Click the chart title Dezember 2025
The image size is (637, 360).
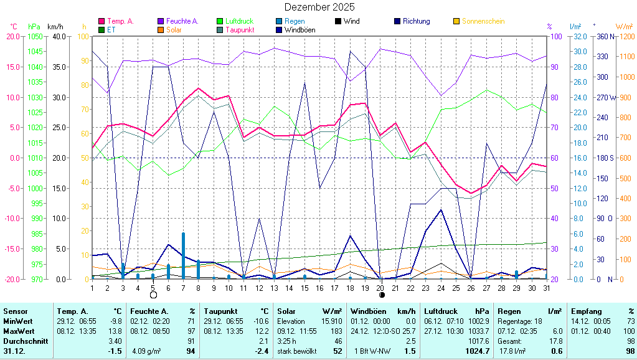pyautogui.click(x=319, y=7)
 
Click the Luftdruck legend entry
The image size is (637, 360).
pyautogui.click(x=235, y=21)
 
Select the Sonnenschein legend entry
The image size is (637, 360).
pyautogui.click(x=479, y=21)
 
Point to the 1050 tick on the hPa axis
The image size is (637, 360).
pyautogui.click(x=35, y=37)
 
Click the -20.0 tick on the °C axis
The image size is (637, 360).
pyautogui.click(x=12, y=279)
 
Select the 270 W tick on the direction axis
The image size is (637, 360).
pyautogui.click(x=606, y=98)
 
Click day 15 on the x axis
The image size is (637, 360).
pyautogui.click(x=304, y=288)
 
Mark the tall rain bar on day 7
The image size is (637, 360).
pyautogui.click(x=183, y=256)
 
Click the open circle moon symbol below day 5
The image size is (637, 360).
pyautogui.click(x=153, y=295)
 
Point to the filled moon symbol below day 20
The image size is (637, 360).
pyautogui.click(x=382, y=295)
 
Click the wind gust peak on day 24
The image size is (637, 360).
pyautogui.click(x=441, y=210)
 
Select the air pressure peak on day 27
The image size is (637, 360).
pyautogui.click(x=486, y=90)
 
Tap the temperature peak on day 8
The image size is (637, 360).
pyautogui.click(x=198, y=88)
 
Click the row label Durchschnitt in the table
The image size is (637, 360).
pyautogui.click(x=26, y=341)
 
